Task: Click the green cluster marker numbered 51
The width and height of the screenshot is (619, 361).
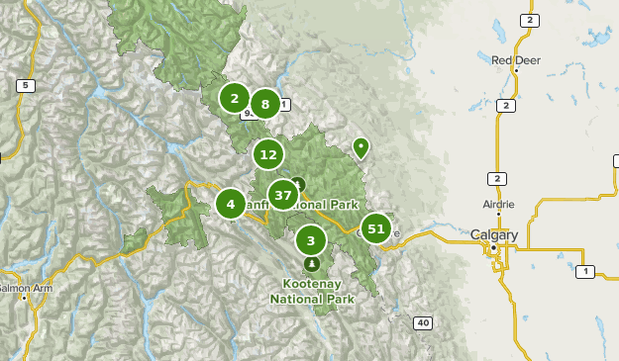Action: click(x=375, y=229)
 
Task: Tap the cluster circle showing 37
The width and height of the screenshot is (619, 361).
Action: click(x=283, y=195)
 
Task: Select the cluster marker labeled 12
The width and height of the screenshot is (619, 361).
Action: click(x=267, y=154)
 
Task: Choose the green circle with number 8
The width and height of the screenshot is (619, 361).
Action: click(x=264, y=103)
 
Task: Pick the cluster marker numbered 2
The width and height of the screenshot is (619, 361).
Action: click(x=235, y=98)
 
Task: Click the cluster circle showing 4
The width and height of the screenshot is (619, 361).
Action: click(x=231, y=205)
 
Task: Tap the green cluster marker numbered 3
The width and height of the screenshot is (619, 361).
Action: click(x=311, y=239)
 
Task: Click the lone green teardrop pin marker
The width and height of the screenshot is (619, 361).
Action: click(x=361, y=147)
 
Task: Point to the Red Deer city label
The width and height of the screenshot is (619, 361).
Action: click(x=516, y=59)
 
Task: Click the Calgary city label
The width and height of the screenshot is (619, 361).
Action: click(x=494, y=235)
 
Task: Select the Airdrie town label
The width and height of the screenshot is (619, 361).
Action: click(x=498, y=204)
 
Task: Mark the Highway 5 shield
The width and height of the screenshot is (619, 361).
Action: click(x=26, y=86)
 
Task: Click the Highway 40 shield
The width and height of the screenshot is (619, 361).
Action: click(x=423, y=322)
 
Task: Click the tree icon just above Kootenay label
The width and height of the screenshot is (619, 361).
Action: click(x=312, y=264)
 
